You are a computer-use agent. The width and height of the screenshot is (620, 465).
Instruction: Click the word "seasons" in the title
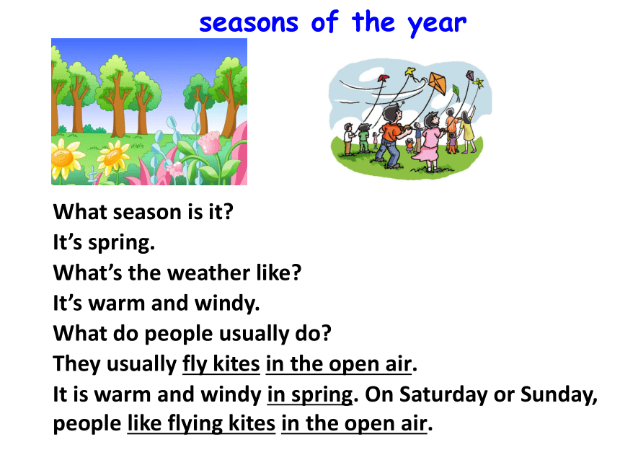[x=249, y=23]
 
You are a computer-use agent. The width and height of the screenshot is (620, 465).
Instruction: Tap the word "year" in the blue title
[x=437, y=25]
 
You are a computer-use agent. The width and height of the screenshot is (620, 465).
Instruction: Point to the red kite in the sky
[x=383, y=78]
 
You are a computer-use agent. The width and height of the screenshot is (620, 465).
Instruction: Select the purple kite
[x=470, y=75]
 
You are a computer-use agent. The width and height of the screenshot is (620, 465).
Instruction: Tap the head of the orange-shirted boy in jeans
[x=391, y=112]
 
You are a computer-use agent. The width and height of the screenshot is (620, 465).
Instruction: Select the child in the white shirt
[x=348, y=138]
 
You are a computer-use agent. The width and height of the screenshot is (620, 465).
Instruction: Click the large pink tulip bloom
[x=209, y=143]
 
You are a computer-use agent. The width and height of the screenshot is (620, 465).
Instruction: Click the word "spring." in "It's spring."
[x=121, y=243]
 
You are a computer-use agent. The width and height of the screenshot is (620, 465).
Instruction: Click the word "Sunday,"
[x=559, y=394]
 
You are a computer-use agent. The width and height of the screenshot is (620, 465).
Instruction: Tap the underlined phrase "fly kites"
[x=221, y=363]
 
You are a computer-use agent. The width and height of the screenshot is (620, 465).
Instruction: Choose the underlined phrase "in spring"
[x=310, y=395]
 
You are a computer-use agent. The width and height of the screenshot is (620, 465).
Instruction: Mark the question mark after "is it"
[x=229, y=212]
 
